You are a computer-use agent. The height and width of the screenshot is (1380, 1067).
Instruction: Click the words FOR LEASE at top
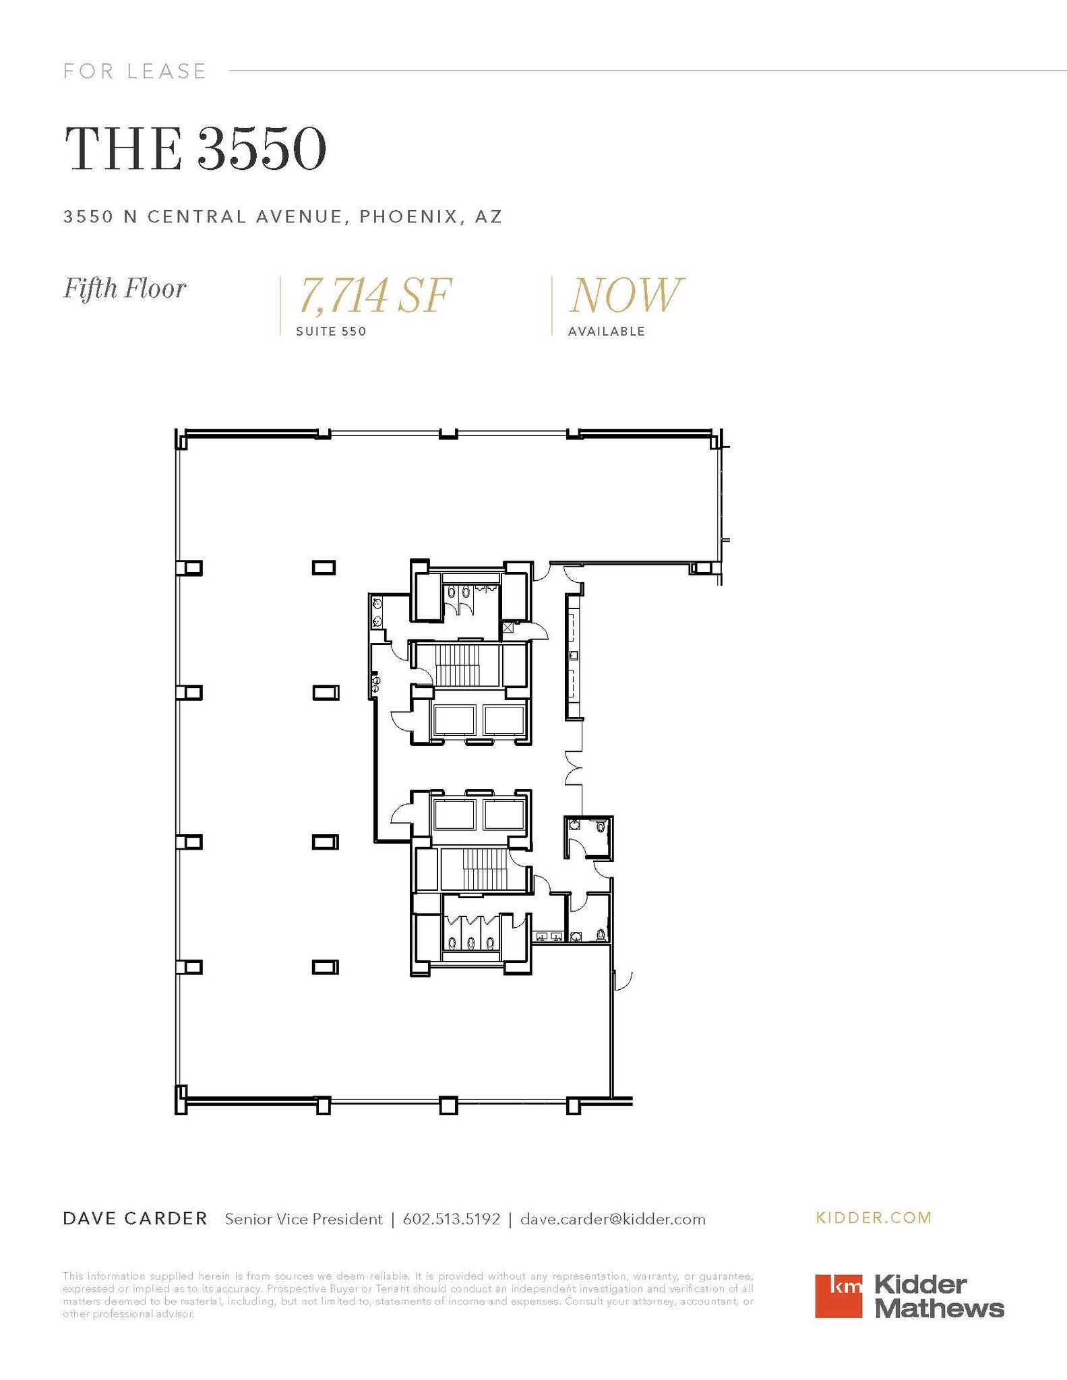point(135,71)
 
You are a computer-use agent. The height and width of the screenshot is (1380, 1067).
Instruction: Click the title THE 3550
point(195,150)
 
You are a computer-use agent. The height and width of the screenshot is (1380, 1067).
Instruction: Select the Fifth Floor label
point(125,288)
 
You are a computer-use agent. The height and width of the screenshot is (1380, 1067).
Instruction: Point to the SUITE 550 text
point(331,332)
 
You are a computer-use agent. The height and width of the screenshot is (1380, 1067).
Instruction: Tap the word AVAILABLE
point(607,332)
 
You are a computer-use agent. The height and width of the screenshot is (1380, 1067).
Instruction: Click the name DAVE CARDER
point(135,1218)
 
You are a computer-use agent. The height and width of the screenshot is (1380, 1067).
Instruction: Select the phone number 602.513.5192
point(451,1219)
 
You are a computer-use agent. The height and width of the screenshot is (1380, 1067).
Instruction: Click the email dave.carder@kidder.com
point(613,1219)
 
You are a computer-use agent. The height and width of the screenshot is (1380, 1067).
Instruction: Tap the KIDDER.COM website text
point(874,1218)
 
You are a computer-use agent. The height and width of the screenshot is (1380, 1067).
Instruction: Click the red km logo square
point(838,1295)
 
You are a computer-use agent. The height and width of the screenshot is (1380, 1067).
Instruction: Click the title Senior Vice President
point(303,1219)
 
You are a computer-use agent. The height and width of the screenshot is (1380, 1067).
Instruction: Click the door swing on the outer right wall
point(623,980)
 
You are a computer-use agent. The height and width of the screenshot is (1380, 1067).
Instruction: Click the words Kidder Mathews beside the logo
point(938,1296)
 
